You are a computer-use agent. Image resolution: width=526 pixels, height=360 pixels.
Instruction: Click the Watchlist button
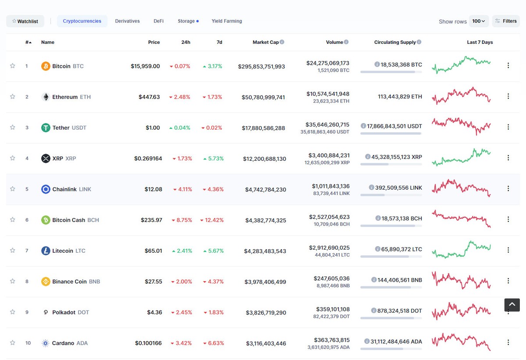click(25, 21)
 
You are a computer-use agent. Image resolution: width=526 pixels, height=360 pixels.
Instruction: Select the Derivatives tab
click(127, 21)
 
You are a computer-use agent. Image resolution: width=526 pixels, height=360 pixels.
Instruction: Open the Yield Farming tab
click(227, 21)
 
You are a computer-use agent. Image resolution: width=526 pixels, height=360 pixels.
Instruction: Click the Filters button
click(506, 21)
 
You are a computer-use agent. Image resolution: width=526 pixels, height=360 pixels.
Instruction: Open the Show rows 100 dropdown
click(479, 21)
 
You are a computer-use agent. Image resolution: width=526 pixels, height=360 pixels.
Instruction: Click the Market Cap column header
click(266, 42)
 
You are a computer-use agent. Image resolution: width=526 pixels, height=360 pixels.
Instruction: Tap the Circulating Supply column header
click(395, 42)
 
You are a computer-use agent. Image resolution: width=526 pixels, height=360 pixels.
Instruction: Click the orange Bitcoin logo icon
click(46, 66)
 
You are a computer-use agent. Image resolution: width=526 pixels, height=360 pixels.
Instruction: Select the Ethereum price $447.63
click(149, 97)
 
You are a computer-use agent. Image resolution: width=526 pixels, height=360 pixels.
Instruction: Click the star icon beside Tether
click(13, 127)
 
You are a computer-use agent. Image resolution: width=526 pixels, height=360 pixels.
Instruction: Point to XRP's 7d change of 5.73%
click(213, 159)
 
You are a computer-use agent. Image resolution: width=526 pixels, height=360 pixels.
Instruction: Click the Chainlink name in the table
click(64, 189)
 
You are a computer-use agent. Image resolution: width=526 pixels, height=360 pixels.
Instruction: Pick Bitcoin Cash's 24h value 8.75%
click(181, 220)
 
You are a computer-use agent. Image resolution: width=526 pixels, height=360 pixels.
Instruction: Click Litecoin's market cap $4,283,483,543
click(265, 251)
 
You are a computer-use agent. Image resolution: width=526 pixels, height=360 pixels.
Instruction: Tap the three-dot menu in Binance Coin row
click(508, 281)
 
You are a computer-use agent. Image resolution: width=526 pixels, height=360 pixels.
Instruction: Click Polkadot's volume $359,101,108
click(333, 309)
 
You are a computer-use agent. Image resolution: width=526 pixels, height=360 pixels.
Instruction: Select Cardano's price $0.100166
click(148, 343)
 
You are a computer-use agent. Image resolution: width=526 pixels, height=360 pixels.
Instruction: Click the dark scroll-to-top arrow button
click(512, 305)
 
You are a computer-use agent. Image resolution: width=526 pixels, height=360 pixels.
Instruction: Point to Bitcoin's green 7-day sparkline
click(461, 64)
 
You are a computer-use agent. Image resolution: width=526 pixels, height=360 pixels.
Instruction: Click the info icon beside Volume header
click(346, 42)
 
